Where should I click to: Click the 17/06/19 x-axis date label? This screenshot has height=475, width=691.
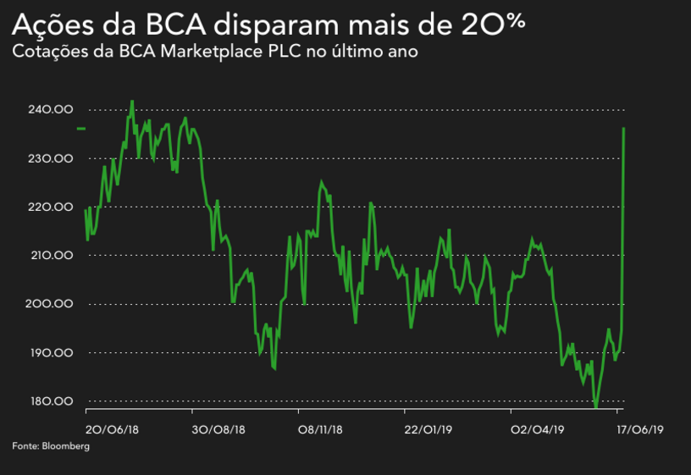tap(639, 429)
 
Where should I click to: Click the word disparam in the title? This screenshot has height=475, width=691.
tap(299, 25)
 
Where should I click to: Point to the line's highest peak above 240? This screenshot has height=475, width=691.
tap(131, 101)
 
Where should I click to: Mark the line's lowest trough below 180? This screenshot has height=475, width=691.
tap(595, 407)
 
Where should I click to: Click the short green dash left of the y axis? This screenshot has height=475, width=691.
tap(81, 128)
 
